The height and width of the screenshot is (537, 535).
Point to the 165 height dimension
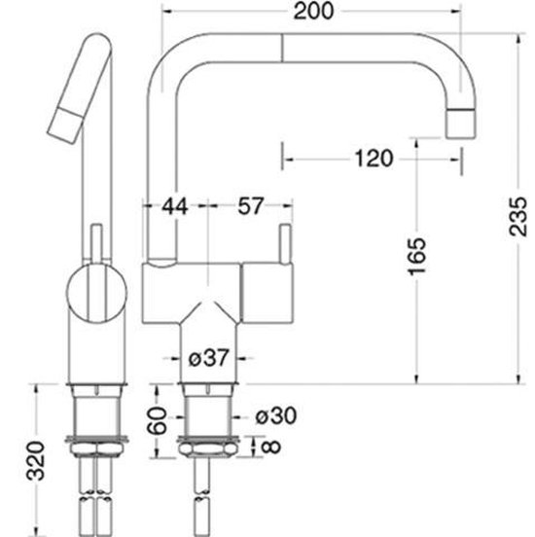(x=417, y=255)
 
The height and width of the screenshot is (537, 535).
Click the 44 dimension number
(x=174, y=206)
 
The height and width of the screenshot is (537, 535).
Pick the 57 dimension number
(x=249, y=206)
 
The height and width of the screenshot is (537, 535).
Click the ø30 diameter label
(x=277, y=415)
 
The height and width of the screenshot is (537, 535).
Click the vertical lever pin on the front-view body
(x=285, y=243)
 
